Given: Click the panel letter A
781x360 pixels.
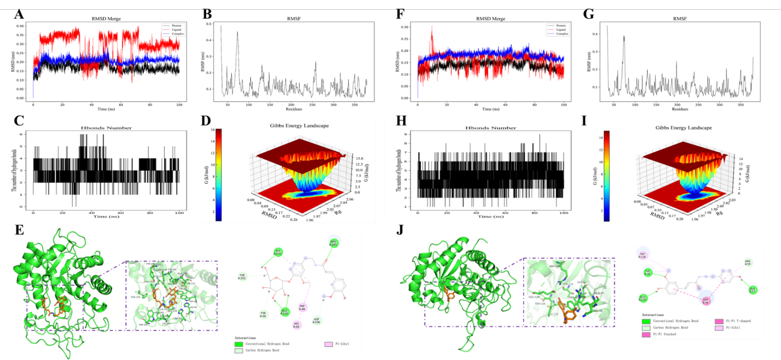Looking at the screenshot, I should pos(18,14).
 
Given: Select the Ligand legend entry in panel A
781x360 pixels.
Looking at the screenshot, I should pos(176,30).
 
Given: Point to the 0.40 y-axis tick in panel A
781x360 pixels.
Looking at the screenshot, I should pos(20,26).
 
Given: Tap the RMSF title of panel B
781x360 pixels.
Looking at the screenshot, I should pos(294,18).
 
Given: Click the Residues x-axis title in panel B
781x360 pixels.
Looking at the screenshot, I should pos(293,109).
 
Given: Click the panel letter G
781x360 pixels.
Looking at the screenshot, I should pos(588,14).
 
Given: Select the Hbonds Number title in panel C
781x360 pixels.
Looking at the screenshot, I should pos(106,128).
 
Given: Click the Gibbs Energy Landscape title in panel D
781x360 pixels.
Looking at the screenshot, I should pos(299,125).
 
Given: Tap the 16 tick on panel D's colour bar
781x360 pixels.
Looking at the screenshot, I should pos(213,130).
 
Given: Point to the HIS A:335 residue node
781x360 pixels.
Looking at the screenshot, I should pos(278,252).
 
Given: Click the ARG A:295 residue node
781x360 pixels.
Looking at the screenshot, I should pos(333,243).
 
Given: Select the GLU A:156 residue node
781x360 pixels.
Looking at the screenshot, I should pos(285,312).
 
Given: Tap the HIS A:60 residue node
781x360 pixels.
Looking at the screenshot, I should pos(297,325).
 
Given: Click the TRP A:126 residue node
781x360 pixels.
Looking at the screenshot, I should pos(642,255).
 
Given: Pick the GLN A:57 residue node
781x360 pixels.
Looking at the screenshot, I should pos(752,290).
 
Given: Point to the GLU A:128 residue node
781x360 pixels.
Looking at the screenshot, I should pos(643,298).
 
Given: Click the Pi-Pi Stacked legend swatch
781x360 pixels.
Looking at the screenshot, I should pos(646,334).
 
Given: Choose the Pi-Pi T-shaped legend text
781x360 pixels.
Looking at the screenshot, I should pos(738,321).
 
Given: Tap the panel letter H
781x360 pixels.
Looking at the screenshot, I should pos(402,121).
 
